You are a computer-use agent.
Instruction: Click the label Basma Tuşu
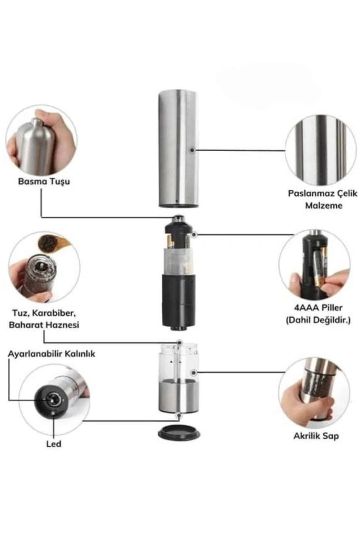pos(44,181)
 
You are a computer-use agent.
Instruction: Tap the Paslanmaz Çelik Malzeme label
pos(323,199)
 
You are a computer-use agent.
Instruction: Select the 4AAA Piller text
pos(318,307)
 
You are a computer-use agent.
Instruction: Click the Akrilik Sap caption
pos(316,436)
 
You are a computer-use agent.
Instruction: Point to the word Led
pos(54,444)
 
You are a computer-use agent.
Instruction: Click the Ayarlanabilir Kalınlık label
pos(52,354)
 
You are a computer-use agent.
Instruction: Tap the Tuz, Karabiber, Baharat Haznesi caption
pos(44,319)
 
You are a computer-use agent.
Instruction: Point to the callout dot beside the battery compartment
pos(194,234)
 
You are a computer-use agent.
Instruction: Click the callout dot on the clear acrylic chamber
pos(194,372)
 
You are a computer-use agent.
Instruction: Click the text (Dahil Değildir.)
pos(318,320)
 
